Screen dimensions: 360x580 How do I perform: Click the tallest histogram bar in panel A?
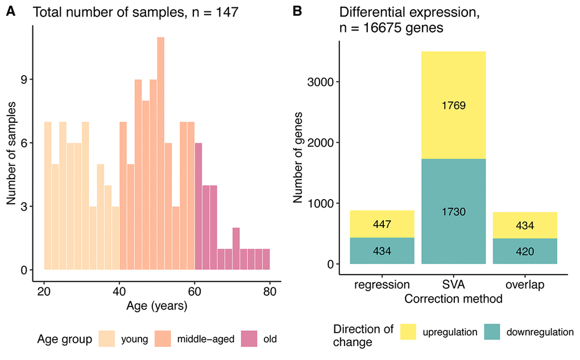pyautogui.click(x=161, y=154)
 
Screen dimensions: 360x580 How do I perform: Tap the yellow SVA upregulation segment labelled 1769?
pyautogui.click(x=453, y=105)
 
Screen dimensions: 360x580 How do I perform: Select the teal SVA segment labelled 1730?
pyautogui.click(x=453, y=211)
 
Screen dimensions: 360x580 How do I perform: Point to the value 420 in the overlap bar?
pyautogui.click(x=524, y=251)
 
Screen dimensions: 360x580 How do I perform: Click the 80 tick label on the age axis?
pyautogui.click(x=270, y=293)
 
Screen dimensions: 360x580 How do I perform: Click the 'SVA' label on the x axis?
pyautogui.click(x=453, y=284)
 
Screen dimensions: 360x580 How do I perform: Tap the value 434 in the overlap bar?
pyautogui.click(x=524, y=226)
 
